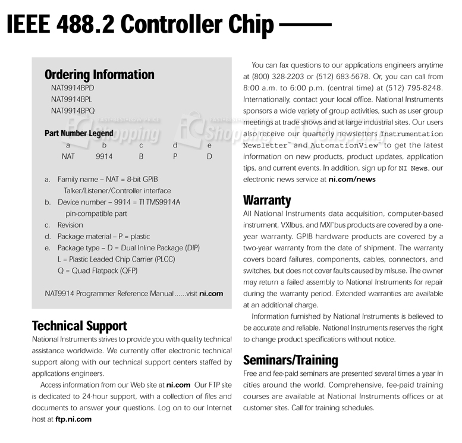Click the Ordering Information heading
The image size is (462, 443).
[99, 75]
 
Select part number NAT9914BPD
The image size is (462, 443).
[73, 88]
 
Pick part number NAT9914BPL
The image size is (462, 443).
[72, 99]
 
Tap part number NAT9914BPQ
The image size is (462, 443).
[73, 111]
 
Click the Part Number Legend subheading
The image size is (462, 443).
[78, 133]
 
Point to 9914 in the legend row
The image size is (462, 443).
[104, 157]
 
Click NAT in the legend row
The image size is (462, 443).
[68, 157]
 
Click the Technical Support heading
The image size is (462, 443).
[79, 326]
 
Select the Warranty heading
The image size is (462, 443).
[267, 200]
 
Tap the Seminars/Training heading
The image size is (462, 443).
[290, 360]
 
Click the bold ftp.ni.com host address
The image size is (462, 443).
[74, 419]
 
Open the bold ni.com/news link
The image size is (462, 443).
[352, 179]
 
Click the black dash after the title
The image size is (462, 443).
[305, 25]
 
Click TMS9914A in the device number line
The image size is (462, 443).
[161, 202]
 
